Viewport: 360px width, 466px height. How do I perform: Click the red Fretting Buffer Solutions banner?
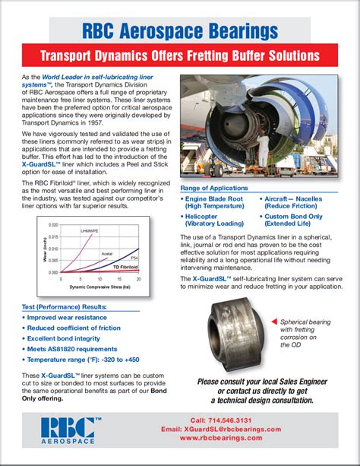(x=179, y=56)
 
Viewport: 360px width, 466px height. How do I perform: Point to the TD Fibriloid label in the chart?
(x=126, y=268)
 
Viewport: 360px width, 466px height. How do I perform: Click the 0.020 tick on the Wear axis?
(x=52, y=226)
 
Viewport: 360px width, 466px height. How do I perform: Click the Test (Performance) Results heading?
(x=65, y=306)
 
